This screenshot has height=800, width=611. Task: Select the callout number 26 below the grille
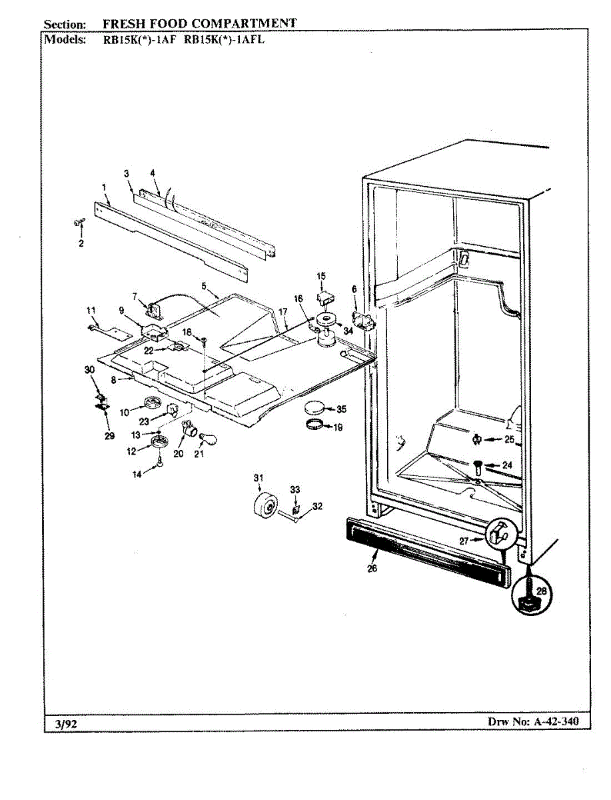click(372, 568)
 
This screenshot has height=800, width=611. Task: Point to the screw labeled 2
click(78, 223)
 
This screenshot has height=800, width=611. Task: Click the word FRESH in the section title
click(122, 23)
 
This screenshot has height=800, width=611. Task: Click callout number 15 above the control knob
click(321, 275)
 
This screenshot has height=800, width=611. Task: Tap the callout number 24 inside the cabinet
click(508, 465)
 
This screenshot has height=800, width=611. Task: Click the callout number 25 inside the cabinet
click(509, 439)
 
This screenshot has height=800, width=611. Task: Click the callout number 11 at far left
click(91, 309)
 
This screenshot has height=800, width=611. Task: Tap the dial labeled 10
click(153, 405)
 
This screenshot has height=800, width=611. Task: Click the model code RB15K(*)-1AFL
click(224, 39)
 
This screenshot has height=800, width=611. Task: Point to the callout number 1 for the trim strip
click(105, 187)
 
